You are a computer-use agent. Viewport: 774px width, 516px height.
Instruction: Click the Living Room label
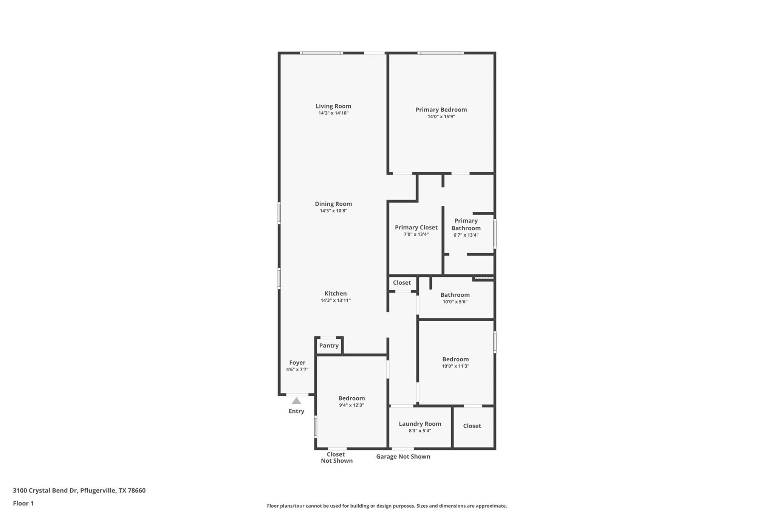pos(333,106)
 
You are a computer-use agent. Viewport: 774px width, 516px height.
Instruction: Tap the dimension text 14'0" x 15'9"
pos(441,117)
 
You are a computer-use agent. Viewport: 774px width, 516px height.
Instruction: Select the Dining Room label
pos(333,204)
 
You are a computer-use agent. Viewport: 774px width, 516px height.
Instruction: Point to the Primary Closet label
pos(416,227)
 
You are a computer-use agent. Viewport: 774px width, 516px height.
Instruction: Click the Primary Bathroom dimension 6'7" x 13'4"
pos(466,235)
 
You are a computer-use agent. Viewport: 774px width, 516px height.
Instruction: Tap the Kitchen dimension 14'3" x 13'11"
pos(335,301)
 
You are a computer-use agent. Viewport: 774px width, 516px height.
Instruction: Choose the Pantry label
pos(328,346)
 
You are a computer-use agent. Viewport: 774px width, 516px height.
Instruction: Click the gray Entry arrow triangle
pos(296,401)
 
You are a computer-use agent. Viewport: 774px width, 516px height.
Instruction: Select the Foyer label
pos(297,363)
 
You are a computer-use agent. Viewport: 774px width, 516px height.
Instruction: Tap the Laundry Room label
pos(420,424)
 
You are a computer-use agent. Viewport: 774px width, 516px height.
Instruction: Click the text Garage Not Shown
pos(403,457)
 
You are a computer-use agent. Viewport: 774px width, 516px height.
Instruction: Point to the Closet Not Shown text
pos(336,457)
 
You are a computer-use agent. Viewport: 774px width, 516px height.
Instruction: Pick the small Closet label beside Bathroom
pos(401,283)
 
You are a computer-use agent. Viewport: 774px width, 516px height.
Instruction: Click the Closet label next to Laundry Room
pos(472,426)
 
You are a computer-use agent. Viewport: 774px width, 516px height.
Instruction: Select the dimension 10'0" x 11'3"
pos(455,366)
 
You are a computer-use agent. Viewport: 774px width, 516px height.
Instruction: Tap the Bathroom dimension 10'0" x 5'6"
pos(455,302)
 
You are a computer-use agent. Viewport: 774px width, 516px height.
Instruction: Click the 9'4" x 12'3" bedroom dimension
pos(351,405)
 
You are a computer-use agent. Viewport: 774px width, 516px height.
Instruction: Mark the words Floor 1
pos(23,504)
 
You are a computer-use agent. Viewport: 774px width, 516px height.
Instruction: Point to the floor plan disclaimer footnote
pos(387,506)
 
